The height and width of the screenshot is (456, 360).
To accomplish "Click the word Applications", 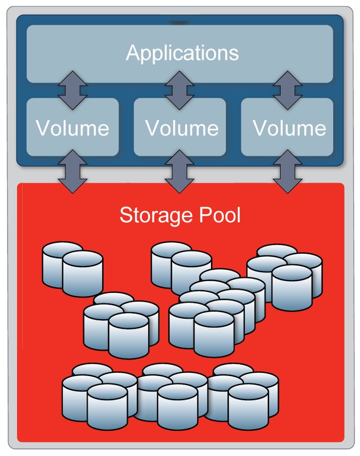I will tap(182, 53).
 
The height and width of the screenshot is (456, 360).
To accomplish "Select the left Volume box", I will tap(72, 128).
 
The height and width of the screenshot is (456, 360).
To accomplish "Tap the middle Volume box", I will tap(182, 128).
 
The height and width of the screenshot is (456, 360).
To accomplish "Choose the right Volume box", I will tap(289, 128).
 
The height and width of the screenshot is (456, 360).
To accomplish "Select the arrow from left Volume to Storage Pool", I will tap(72, 172).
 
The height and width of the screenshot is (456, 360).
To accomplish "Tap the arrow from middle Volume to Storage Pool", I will tap(180, 172).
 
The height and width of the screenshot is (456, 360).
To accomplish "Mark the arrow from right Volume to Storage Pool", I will tap(287, 172).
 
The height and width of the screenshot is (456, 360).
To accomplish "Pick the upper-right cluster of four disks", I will tap(285, 276).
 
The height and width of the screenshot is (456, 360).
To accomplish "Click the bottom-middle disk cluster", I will tap(172, 392).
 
